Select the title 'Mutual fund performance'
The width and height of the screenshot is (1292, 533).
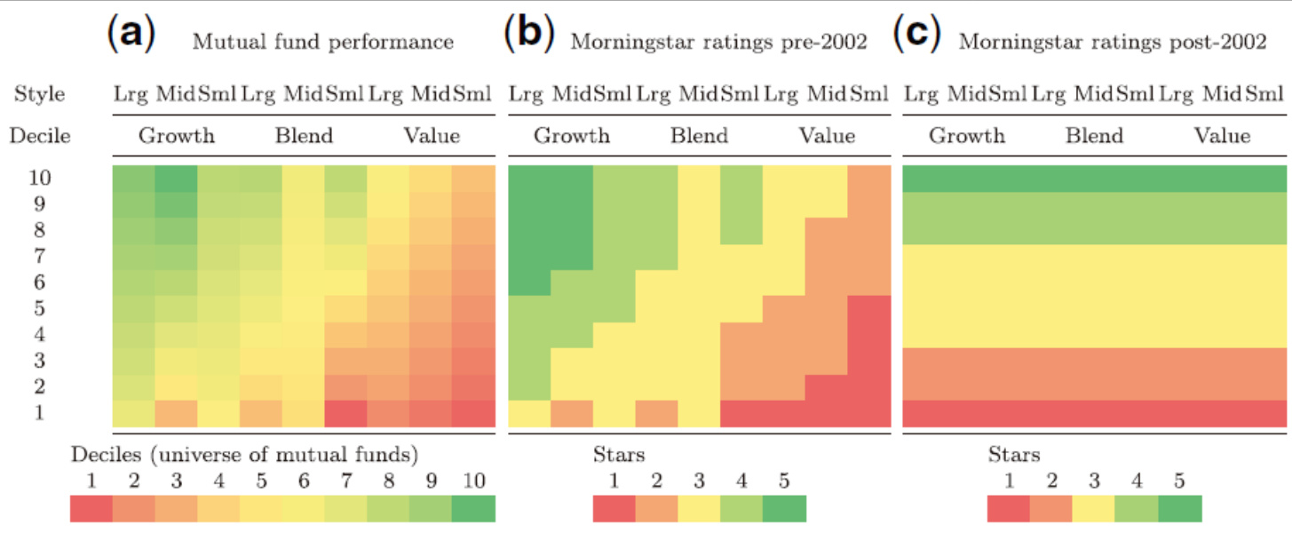pos(323,42)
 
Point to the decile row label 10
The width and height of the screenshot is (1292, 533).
pos(39,178)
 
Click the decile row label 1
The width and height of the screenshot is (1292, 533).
pos(39,413)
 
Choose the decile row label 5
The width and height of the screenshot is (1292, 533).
pos(39,308)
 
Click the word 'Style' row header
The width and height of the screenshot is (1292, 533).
pos(39,94)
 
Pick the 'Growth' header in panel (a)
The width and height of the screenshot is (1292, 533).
pos(176,136)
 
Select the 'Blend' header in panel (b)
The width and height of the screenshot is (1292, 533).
pos(699,136)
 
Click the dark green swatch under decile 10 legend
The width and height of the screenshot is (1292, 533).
pos(473,508)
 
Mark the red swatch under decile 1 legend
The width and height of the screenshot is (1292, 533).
pos(91,508)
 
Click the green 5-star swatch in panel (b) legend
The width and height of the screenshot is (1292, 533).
pos(784,508)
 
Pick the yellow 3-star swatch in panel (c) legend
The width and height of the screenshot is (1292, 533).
pos(1094,508)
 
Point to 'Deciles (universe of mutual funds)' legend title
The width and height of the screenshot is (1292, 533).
pos(244,455)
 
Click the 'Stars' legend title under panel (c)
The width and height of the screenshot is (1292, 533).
pos(1014,455)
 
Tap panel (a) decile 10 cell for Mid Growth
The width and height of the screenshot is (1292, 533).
pos(177,179)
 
